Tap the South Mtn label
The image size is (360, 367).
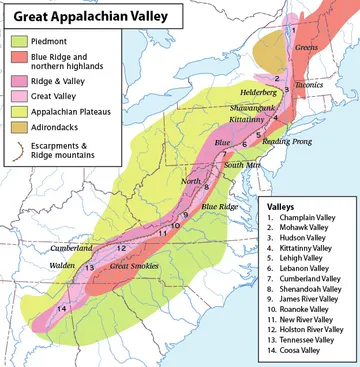tap(240, 164)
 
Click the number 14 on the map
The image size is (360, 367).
tap(61, 308)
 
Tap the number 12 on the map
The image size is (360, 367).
tap(120, 248)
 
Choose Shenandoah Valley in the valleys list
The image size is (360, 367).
tap(309, 283)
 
